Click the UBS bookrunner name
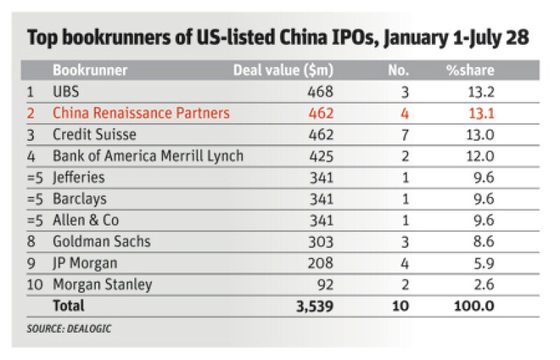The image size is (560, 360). pos(66,92)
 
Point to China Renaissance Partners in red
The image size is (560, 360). pos(141,113)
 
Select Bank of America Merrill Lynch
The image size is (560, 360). pos(148,155)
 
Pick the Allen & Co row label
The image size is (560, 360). pos(81,221)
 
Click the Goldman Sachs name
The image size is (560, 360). pos(101,242)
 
